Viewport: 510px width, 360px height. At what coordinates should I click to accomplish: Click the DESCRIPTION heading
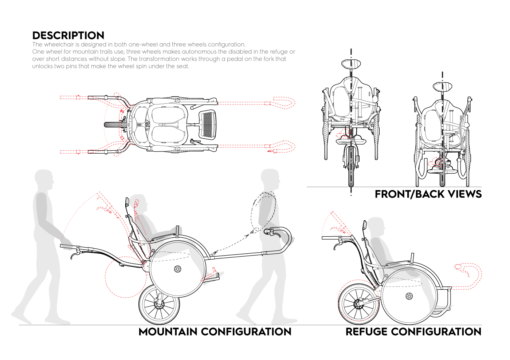pyautogui.click(x=68, y=36)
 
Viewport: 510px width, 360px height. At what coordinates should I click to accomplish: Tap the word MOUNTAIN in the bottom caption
pyautogui.click(x=168, y=332)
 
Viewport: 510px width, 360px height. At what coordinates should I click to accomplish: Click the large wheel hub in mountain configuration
pyautogui.click(x=177, y=269)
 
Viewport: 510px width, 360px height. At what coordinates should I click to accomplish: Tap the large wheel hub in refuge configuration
pyautogui.click(x=409, y=296)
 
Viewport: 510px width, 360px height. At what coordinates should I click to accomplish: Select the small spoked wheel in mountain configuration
pyautogui.click(x=159, y=304)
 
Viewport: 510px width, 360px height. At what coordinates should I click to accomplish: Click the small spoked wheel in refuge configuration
pyautogui.click(x=358, y=304)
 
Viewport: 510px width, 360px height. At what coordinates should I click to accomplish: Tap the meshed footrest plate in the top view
pyautogui.click(x=207, y=124)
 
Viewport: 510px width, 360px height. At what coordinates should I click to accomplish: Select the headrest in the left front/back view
pyautogui.click(x=351, y=64)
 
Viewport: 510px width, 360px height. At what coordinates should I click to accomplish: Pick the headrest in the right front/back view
pyautogui.click(x=442, y=87)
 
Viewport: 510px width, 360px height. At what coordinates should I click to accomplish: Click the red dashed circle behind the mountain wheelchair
pyautogui.click(x=126, y=277)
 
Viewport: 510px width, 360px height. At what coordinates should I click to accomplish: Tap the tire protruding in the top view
pyautogui.click(x=115, y=125)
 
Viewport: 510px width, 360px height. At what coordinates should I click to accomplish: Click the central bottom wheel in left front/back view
pyautogui.click(x=351, y=166)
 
